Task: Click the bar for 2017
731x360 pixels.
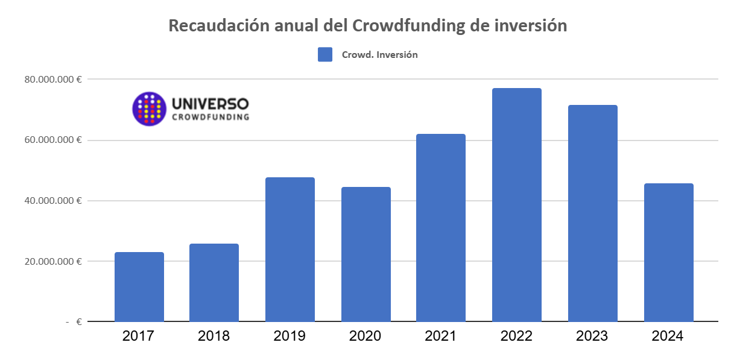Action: [139, 287]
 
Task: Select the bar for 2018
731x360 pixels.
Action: [214, 283]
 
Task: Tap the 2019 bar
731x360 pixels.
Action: [290, 250]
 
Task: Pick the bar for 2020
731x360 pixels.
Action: [366, 254]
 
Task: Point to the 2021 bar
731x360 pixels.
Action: [441, 228]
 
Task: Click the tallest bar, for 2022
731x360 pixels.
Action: [517, 205]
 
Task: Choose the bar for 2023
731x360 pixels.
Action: [592, 213]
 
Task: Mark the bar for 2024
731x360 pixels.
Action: [668, 253]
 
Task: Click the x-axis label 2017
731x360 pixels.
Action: [139, 336]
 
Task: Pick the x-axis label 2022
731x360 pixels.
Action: [517, 336]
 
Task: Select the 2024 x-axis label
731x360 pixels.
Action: [668, 336]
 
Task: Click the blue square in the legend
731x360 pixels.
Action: [325, 54]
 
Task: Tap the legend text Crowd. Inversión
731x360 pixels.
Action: [379, 54]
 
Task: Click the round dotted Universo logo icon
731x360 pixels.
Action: [149, 109]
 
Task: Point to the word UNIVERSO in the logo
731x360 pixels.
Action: [210, 104]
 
